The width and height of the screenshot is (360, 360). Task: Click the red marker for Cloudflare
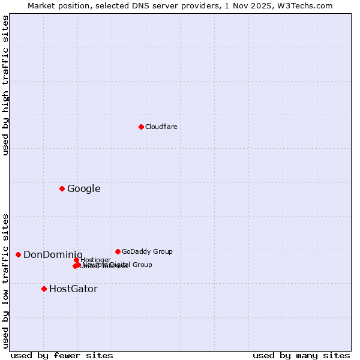(141, 127)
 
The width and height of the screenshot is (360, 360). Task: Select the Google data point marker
(62, 188)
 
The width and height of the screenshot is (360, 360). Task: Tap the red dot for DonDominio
(18, 254)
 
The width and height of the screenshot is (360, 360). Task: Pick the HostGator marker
(44, 289)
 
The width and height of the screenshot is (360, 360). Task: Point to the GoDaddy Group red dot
(118, 251)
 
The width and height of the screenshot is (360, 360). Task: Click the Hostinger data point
(76, 260)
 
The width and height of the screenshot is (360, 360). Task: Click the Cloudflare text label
(161, 127)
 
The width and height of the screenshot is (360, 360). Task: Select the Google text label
(83, 189)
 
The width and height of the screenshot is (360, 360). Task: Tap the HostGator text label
(73, 289)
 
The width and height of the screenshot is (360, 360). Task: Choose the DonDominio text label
(53, 255)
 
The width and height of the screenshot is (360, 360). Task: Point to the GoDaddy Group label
(147, 251)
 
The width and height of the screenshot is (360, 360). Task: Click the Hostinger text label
(95, 260)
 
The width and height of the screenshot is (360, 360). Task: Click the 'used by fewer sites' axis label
(62, 355)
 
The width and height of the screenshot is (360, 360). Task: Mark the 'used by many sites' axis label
(301, 355)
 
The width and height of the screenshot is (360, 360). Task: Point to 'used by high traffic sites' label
(6, 85)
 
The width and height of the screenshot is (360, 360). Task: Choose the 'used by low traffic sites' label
(6, 280)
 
